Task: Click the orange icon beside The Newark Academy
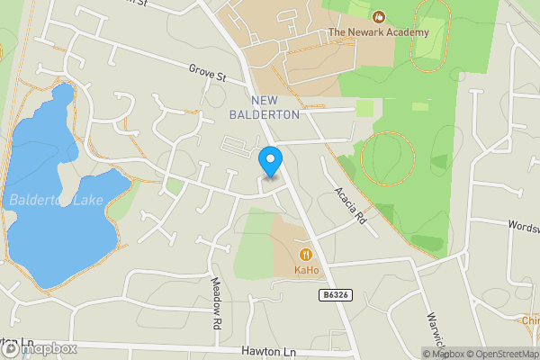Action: [x=379, y=16]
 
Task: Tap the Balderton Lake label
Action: [x=56, y=200]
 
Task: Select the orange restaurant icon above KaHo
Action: [x=306, y=255]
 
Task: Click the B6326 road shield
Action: [x=334, y=295]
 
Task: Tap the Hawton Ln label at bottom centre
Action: [x=268, y=351]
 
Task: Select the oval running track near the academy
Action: [x=430, y=40]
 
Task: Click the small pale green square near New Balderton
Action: [x=364, y=109]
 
